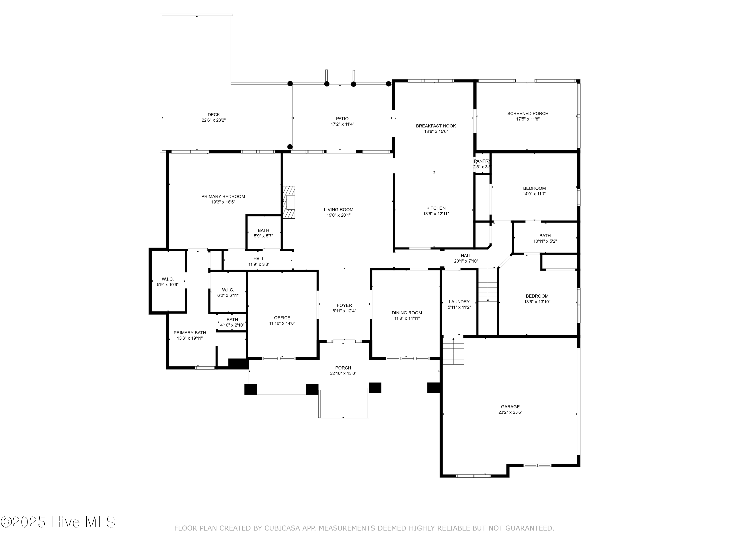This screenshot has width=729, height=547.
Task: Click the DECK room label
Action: [x=214, y=115]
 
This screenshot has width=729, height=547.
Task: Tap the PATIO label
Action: [x=342, y=119]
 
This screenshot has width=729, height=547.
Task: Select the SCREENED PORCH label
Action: [x=528, y=114]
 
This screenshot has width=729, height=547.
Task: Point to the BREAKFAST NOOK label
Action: [x=436, y=126]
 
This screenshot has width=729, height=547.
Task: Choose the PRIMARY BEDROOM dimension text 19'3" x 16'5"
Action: [x=223, y=202]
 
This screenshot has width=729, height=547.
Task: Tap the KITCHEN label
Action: [x=436, y=208]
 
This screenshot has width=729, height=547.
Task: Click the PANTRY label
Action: [x=482, y=161]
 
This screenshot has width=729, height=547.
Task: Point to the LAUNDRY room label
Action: [x=459, y=302]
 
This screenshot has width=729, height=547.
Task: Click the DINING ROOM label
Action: [x=407, y=313]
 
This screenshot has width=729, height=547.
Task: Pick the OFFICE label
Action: [x=282, y=318]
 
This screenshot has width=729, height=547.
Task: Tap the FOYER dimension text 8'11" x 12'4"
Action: [x=344, y=311]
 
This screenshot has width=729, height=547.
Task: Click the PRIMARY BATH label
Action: [x=190, y=333]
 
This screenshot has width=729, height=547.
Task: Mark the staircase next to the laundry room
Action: [x=488, y=285]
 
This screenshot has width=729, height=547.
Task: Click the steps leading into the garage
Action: [x=453, y=351]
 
